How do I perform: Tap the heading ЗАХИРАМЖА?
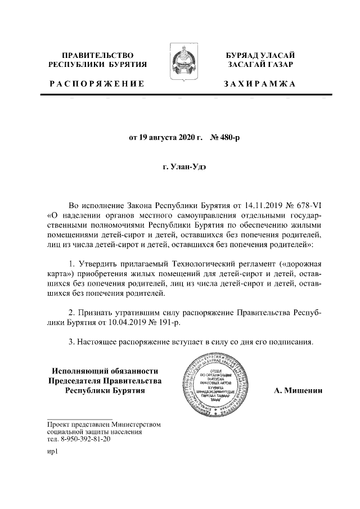point(259,84)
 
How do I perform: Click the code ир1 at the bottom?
point(53,452)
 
